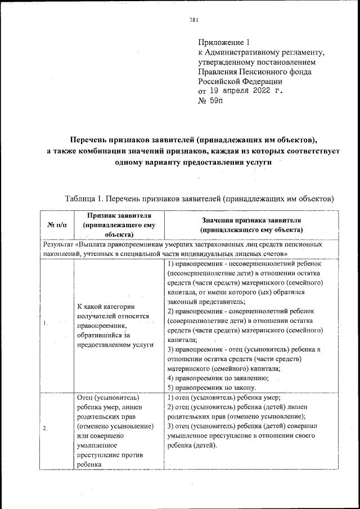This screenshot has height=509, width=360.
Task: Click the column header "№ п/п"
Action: click(x=57, y=225)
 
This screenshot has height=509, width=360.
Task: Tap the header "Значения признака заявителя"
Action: click(x=252, y=220)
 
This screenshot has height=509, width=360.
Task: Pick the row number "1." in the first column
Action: click(x=45, y=323)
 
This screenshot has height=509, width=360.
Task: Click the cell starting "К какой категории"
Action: click(x=106, y=307)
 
